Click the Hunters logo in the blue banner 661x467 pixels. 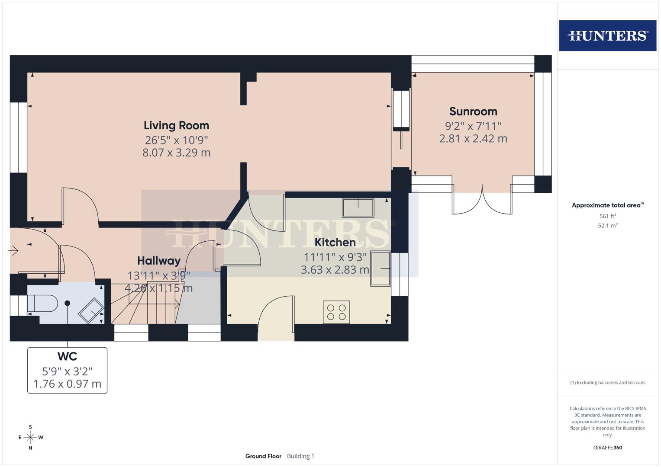[607, 35]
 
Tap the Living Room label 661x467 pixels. [176, 125]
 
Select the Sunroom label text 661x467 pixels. [473, 111]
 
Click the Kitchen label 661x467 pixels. [335, 242]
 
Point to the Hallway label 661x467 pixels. [158, 261]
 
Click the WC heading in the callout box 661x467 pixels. [67, 356]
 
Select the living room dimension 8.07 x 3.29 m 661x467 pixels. [176, 153]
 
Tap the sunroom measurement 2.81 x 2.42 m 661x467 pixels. [473, 139]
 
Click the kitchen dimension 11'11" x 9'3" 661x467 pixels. [335, 257]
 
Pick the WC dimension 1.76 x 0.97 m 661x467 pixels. [67, 384]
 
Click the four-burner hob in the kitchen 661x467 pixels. [336, 312]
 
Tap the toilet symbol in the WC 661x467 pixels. [42, 304]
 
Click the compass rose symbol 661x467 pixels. [30, 437]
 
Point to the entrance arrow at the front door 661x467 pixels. [13, 250]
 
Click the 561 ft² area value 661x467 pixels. [607, 216]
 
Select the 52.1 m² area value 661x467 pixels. [607, 225]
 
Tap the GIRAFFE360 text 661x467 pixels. [607, 448]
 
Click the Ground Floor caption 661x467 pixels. [263, 456]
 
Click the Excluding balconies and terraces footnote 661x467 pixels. [607, 383]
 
